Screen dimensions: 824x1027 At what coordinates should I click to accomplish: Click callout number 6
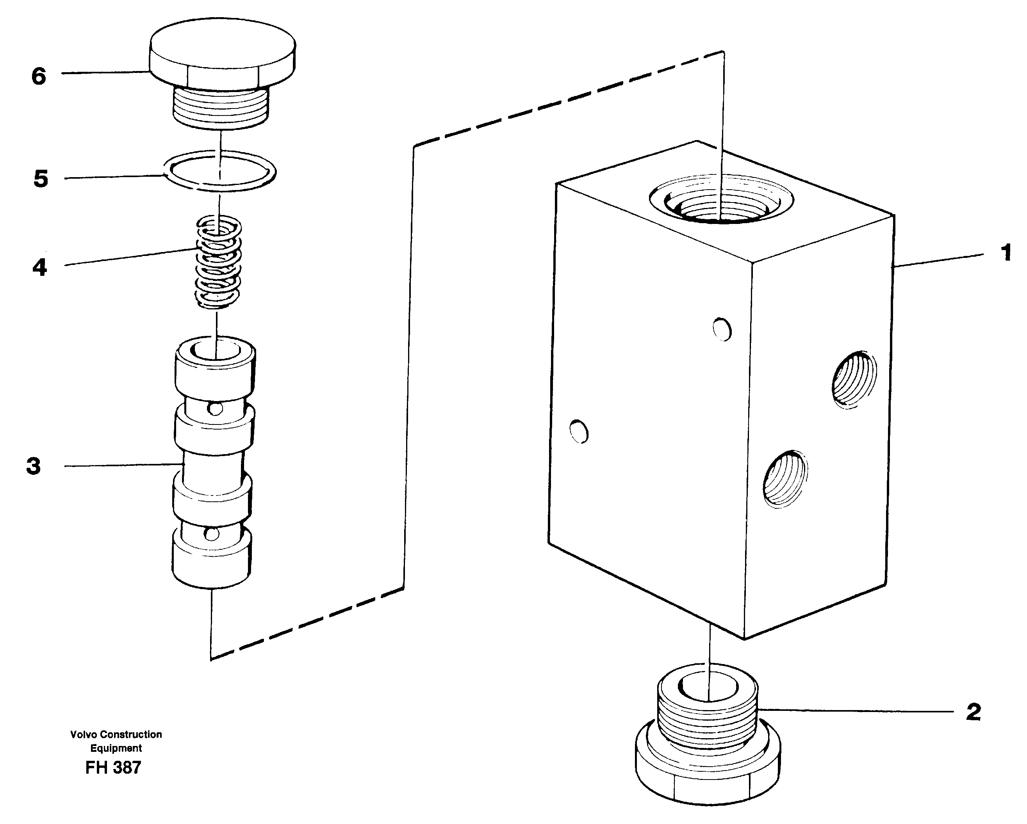(x=39, y=76)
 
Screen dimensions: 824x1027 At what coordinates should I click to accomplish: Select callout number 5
(x=41, y=179)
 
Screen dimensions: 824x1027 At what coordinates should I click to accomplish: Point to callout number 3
(x=33, y=466)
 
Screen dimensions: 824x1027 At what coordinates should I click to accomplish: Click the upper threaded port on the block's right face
(x=854, y=380)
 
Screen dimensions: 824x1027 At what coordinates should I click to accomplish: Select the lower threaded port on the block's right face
(x=785, y=478)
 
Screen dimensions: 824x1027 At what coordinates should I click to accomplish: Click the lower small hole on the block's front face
(x=579, y=431)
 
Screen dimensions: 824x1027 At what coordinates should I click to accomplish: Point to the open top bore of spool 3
(x=215, y=350)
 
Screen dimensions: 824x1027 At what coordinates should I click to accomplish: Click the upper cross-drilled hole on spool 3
(x=215, y=408)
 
